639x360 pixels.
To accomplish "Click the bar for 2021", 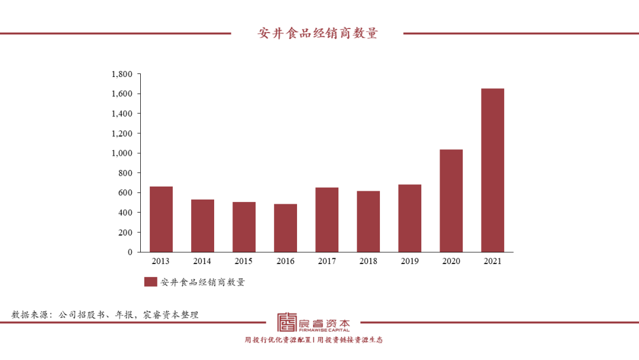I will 492,170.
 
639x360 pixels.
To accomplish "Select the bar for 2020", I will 451,201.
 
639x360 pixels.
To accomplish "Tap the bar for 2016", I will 285,228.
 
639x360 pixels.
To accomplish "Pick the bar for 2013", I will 161,219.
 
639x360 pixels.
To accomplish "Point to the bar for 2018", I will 368,221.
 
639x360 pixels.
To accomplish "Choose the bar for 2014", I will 202,226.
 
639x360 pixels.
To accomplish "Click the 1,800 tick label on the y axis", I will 122,74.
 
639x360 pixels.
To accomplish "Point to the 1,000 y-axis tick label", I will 122,153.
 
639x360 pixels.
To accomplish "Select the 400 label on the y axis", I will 125,213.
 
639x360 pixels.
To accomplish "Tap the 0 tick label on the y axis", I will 130,252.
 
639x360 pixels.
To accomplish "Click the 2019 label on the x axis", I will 409,261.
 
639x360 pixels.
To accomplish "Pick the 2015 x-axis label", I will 244,261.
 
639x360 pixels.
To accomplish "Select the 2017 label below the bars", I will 327,261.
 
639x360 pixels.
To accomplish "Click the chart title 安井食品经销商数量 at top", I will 318,33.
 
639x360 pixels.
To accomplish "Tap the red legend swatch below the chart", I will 150,282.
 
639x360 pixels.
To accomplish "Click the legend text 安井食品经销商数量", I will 202,282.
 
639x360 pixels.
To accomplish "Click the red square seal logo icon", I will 288,322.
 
